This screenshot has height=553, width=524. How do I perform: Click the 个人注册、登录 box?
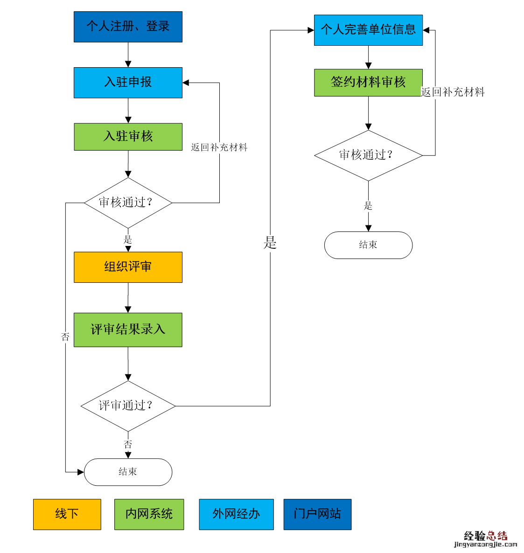(128, 27)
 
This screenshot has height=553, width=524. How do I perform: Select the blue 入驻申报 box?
(128, 83)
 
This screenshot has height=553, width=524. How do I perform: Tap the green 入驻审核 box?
(128, 137)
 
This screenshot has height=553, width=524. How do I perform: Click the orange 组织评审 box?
(128, 267)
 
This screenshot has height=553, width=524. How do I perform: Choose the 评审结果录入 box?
(128, 329)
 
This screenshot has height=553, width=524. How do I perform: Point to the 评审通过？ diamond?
(128, 406)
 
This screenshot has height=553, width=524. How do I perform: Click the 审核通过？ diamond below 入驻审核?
(128, 203)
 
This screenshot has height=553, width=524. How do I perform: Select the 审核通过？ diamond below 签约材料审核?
(368, 155)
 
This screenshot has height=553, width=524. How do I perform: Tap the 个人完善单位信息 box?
(368, 30)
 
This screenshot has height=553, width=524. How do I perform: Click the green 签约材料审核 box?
(368, 83)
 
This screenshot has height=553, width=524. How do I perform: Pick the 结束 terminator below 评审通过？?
(128, 472)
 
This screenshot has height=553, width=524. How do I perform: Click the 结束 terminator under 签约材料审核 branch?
(368, 245)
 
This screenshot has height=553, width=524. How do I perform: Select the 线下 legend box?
(67, 514)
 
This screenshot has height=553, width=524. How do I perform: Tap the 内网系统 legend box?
(149, 514)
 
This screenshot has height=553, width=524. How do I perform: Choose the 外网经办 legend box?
(236, 514)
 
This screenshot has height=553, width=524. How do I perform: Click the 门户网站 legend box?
(317, 514)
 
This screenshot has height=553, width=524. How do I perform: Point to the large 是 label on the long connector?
(270, 243)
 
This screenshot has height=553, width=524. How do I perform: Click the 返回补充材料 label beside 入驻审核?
(219, 147)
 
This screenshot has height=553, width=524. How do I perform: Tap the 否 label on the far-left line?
(65, 337)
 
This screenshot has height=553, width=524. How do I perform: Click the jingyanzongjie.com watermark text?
(485, 544)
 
